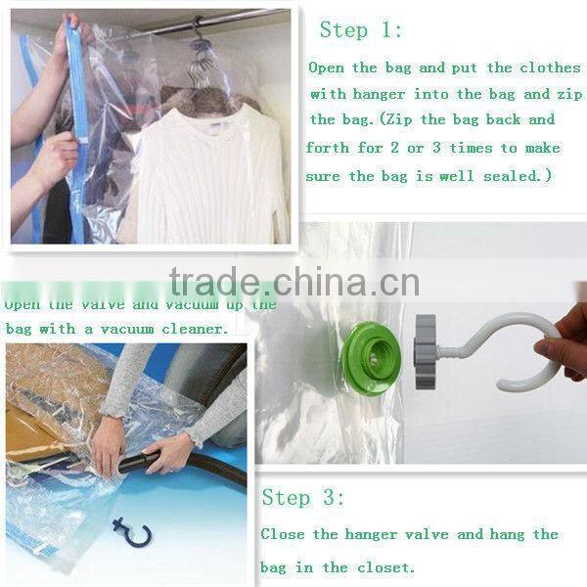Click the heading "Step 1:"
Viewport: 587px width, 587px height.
pyautogui.click(x=361, y=29)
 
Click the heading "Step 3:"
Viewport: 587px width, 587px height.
pyautogui.click(x=303, y=497)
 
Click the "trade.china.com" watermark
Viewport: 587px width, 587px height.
pyautogui.click(x=293, y=282)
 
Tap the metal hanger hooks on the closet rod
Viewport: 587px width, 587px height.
pyautogui.click(x=202, y=49)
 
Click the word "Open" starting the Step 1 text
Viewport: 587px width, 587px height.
pyautogui.click(x=327, y=68)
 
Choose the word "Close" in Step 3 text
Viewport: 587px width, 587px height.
pyautogui.click(x=285, y=534)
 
